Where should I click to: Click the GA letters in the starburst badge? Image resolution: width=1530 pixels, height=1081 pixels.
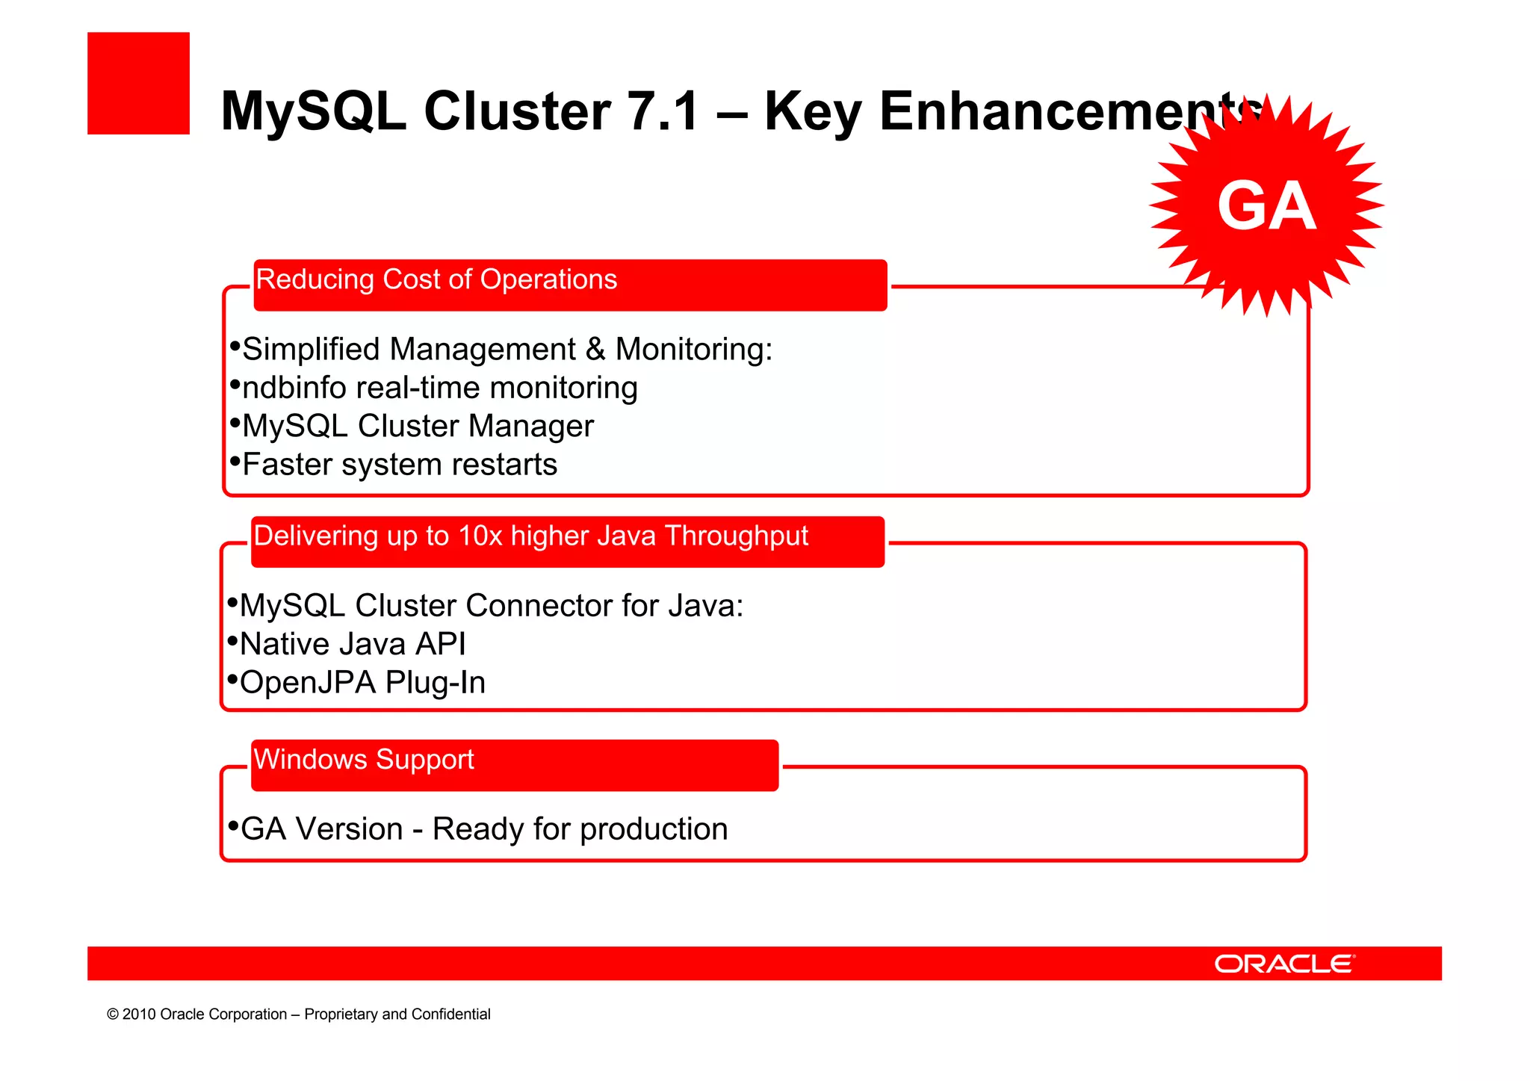point(1266,206)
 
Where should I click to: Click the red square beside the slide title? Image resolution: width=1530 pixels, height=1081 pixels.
point(138,83)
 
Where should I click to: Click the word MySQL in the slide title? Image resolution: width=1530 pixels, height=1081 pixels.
point(313,111)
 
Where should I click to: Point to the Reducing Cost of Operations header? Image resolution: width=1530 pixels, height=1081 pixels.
point(436,279)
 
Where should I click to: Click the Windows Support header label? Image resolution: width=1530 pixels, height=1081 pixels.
point(364,760)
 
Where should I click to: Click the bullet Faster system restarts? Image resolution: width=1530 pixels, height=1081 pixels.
point(400,465)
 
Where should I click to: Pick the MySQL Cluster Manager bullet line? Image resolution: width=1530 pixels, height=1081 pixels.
point(418,427)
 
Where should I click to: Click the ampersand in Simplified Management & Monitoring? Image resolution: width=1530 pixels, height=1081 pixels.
point(595,350)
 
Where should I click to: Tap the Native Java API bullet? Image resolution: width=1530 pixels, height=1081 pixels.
point(353,644)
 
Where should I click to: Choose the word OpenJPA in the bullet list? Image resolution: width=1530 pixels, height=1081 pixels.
point(308,683)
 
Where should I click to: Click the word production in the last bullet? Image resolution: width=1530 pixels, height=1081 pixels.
point(654,829)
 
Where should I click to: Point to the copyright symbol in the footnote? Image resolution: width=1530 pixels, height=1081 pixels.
point(113,1015)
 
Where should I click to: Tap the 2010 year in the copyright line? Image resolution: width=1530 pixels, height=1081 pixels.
point(139,1015)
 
